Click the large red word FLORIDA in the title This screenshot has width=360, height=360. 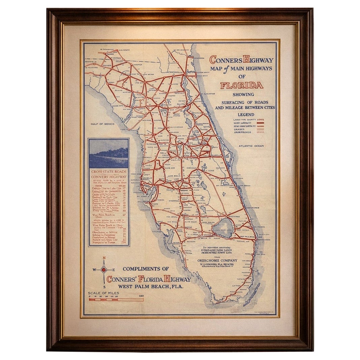(242, 85)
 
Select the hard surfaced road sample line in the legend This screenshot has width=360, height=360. (260, 123)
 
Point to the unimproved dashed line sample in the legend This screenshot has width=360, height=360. (260, 132)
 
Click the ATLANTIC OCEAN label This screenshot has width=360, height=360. (251, 146)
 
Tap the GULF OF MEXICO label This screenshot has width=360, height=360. (102, 124)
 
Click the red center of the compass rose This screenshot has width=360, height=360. (104, 270)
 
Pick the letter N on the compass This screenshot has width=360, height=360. (104, 259)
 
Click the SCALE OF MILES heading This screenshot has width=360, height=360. (103, 293)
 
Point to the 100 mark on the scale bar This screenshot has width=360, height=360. (141, 296)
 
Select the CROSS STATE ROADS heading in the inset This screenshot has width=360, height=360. (109, 171)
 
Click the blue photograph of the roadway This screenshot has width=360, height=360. (109, 153)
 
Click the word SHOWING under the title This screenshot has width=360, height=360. (243, 94)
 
